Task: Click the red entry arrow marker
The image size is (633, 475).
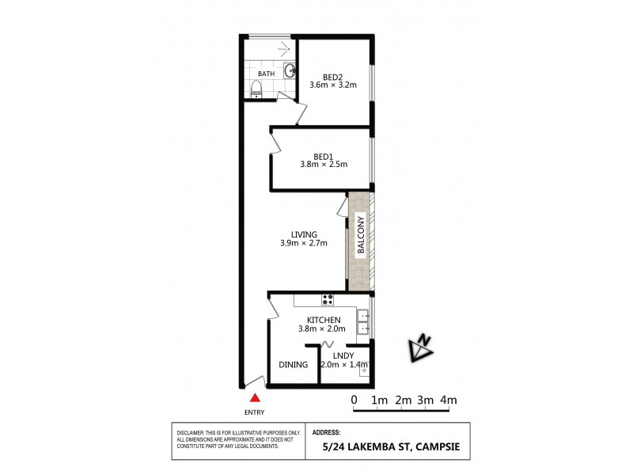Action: coord(255,399)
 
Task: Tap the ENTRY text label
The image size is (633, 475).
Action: coord(255,412)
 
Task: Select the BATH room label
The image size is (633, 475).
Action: coord(266,74)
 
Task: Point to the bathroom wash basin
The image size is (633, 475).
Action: coord(290,70)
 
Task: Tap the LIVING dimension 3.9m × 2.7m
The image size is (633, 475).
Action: coord(304,243)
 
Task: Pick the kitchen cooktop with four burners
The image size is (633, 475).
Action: coord(327,299)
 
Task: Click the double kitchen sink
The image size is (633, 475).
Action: coord(362,321)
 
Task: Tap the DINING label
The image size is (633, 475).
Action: coord(293,365)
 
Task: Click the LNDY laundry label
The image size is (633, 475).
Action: coord(343,355)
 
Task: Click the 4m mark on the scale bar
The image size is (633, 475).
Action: coord(449,400)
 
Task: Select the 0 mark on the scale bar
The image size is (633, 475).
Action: coord(354,400)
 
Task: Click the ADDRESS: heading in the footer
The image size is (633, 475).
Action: coord(327,433)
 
